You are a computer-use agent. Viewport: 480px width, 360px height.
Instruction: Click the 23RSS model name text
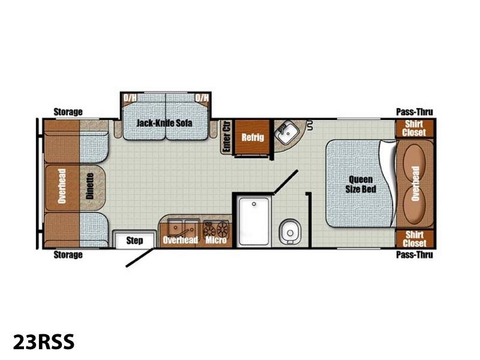43,341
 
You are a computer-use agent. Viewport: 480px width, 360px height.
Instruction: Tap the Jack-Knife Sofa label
164,123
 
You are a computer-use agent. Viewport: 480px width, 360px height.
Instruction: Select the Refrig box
253,137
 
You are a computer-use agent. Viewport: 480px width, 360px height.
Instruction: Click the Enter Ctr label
227,137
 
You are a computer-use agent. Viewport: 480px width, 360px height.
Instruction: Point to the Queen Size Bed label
361,184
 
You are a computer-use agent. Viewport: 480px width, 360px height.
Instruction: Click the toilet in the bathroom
290,232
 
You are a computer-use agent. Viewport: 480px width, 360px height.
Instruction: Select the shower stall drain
254,204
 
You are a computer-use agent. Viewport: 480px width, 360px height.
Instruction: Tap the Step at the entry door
134,241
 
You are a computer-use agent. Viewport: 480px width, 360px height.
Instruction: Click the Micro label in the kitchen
216,240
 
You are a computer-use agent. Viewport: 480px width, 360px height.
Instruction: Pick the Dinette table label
89,186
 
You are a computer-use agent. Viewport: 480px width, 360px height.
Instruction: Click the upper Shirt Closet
415,128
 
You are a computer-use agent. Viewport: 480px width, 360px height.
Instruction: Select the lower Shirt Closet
415,239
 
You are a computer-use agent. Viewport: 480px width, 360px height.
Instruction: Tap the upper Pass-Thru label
415,112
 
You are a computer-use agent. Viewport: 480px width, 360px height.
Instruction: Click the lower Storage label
68,254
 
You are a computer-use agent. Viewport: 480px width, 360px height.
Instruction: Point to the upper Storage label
68,112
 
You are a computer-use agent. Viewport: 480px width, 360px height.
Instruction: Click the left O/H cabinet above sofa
130,99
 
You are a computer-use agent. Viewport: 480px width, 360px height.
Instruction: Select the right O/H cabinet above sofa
202,99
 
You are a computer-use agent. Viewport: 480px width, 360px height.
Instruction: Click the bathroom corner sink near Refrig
287,134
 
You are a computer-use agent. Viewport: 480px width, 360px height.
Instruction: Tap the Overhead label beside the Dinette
62,186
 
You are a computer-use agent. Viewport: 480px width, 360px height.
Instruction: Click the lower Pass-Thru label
415,254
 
